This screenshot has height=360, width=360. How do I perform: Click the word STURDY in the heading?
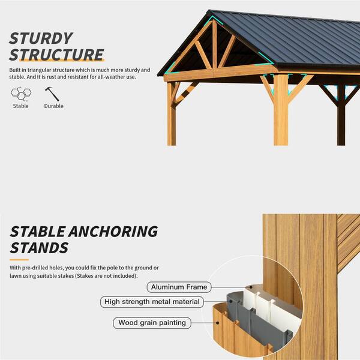coord(41,38)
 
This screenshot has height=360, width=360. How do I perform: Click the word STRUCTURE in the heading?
coord(56,55)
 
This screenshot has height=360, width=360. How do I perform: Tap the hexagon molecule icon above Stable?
coord(21,94)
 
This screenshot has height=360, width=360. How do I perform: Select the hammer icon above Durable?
coord(52,94)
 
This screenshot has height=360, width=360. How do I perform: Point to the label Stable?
coord(20,106)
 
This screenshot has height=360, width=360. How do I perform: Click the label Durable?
coord(54,106)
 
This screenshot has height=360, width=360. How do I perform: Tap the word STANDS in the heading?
coord(39,248)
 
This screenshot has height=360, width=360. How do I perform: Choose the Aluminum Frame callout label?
coord(179,287)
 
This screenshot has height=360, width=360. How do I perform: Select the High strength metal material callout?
coord(152,302)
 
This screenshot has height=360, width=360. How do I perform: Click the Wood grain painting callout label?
coord(152,323)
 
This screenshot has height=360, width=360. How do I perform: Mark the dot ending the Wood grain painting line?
coord(217,323)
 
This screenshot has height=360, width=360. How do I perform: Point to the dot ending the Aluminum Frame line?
coord(251,287)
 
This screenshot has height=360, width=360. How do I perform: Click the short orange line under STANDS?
coord(19,260)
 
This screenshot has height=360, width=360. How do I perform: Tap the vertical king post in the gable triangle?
coord(214,44)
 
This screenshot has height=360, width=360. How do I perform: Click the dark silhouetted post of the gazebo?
coord(341,115)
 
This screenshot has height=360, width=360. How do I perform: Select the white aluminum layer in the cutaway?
coord(272,303)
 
